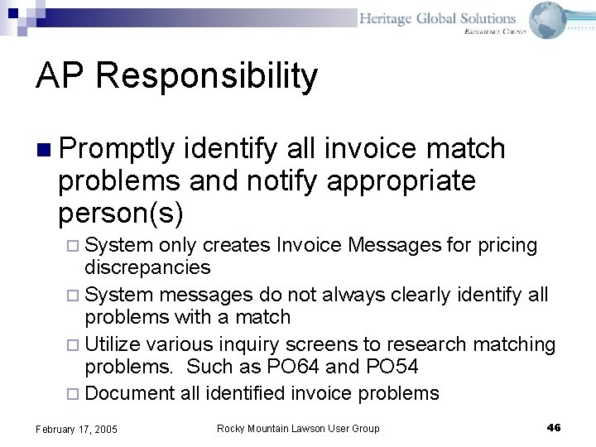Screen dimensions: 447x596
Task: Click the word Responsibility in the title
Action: point(207,77)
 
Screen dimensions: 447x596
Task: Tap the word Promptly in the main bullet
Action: point(117,149)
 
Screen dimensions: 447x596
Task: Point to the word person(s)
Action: point(121,213)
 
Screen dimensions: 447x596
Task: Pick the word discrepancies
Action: point(147,267)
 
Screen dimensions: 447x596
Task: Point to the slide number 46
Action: point(554,427)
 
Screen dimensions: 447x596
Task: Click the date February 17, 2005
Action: point(76,429)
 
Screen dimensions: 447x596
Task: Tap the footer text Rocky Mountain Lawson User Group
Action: point(298,428)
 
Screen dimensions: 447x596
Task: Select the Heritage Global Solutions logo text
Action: point(438,18)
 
